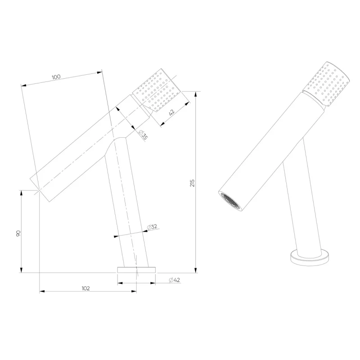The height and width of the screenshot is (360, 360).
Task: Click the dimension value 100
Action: pyautogui.click(x=56, y=76)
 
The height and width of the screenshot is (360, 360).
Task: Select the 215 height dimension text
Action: pyautogui.click(x=192, y=183)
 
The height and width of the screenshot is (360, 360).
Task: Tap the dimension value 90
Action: pyautogui.click(x=18, y=234)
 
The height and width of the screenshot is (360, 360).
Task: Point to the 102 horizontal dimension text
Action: pyautogui.click(x=85, y=288)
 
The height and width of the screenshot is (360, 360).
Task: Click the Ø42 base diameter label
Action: pyautogui.click(x=174, y=280)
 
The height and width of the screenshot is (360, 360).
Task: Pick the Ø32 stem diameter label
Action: pyautogui.click(x=152, y=227)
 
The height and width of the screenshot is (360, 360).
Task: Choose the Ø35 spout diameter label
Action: pyautogui.click(x=144, y=135)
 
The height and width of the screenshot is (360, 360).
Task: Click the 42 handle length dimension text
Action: pyautogui.click(x=171, y=112)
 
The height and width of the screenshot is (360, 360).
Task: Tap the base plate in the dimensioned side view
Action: pyautogui.click(x=136, y=270)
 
